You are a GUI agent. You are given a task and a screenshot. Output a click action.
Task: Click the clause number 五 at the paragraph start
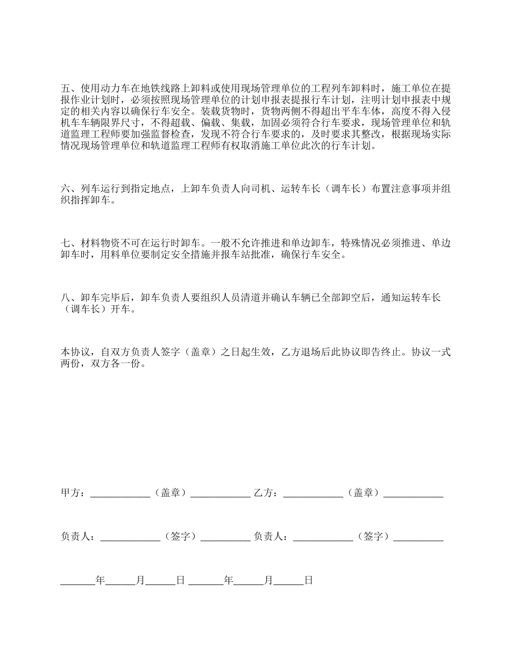click(65, 88)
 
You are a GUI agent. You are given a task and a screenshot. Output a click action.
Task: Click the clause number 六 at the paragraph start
click(65, 188)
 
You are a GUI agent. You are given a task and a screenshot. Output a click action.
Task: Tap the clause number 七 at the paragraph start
click(65, 243)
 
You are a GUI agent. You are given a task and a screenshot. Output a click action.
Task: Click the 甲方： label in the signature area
click(73, 493)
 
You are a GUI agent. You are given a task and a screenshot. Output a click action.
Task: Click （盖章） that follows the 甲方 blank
click(170, 493)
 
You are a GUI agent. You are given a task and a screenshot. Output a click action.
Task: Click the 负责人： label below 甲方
click(78, 537)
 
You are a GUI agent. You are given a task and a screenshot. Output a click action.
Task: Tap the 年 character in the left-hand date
click(100, 580)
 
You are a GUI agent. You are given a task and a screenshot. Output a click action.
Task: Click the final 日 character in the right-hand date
click(309, 580)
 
